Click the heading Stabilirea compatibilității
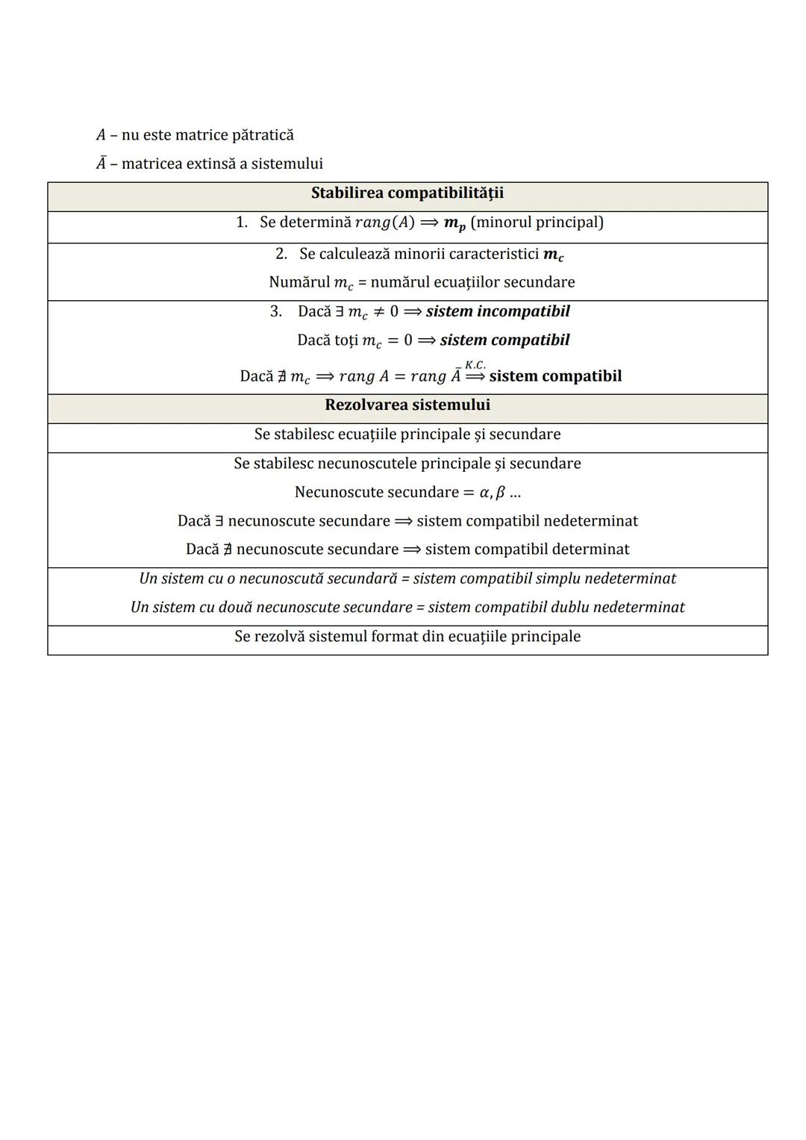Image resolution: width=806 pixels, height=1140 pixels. click(407, 193)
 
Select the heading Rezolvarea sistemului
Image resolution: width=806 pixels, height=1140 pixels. click(407, 405)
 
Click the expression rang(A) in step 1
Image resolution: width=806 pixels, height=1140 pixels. click(384, 222)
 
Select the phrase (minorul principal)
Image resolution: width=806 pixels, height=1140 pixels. click(537, 222)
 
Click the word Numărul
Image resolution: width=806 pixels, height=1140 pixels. click(299, 282)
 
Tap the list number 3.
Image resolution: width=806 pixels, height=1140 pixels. click(275, 311)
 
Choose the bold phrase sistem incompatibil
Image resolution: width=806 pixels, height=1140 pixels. click(498, 311)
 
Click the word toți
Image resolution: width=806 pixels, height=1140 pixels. click(344, 340)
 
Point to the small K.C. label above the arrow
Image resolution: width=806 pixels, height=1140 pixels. click(475, 365)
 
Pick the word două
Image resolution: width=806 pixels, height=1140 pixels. click(235, 608)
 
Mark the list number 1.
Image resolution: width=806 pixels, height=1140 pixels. click(241, 222)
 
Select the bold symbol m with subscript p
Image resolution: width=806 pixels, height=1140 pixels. click(454, 223)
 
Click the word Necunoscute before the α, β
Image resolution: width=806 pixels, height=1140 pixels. click(339, 493)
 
